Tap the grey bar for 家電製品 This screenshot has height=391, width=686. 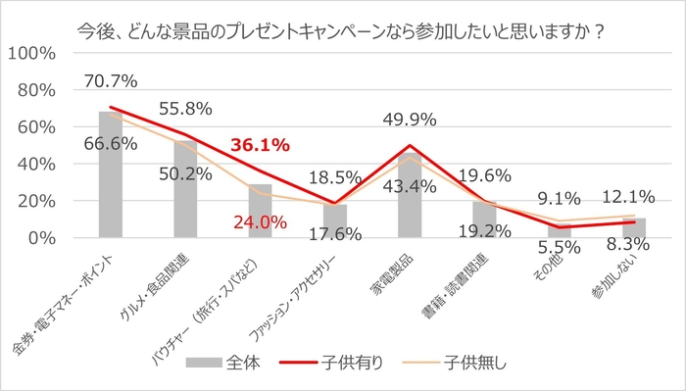[x=410, y=196]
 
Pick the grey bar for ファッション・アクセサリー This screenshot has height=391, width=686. [x=335, y=220]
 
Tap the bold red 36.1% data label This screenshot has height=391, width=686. [x=260, y=146]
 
